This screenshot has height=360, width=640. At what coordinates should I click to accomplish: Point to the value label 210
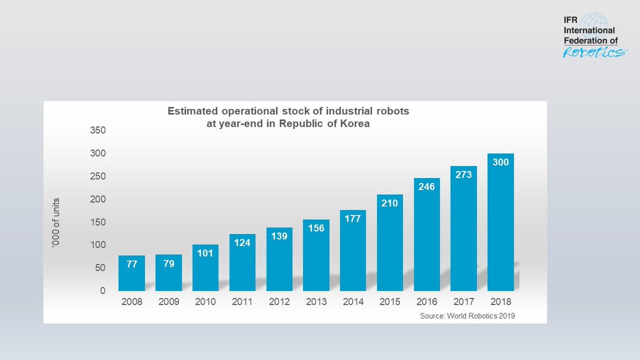pos(390,204)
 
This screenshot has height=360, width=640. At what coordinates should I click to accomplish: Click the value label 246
pos(427,187)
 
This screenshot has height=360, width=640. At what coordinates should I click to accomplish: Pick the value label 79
pos(169,263)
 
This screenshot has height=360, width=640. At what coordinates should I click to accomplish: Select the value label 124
pos(242,243)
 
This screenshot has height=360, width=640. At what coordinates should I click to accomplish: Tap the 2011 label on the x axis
pos(242,302)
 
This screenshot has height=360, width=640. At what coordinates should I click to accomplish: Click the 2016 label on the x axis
pos(427,302)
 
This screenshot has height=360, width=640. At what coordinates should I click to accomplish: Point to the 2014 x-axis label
pos(353,302)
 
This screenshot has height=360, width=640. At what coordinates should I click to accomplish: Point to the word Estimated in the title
pos(191,111)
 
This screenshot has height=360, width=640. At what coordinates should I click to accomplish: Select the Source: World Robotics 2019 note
pos(468,316)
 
